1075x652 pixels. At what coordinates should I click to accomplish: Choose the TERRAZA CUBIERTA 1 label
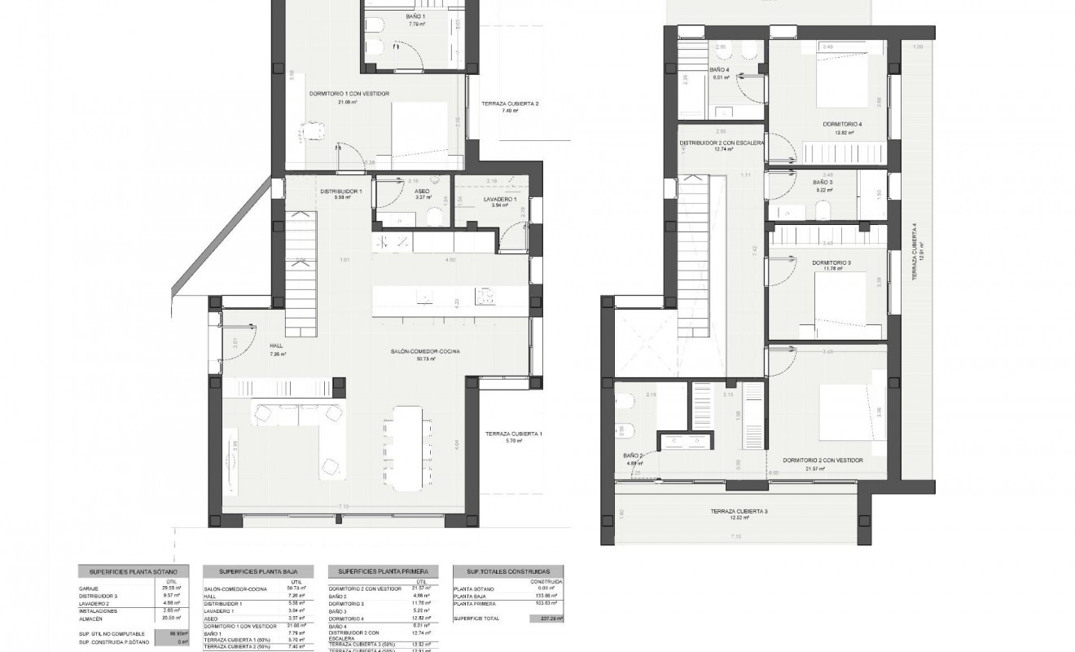click(x=513, y=434)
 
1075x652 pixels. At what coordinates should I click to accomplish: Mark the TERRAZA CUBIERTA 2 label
click(x=510, y=104)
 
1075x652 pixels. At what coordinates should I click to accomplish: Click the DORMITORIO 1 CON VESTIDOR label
click(x=349, y=94)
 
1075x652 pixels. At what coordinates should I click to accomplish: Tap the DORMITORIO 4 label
click(x=842, y=124)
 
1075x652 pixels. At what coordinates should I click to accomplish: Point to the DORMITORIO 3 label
click(x=831, y=262)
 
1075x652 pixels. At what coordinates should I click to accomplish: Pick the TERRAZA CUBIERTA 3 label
click(x=739, y=510)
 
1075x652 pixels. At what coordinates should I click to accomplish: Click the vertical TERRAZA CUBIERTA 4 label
click(x=915, y=253)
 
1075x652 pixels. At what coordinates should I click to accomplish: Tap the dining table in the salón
click(x=409, y=444)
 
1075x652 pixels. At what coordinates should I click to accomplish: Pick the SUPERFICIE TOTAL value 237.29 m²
click(x=551, y=619)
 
